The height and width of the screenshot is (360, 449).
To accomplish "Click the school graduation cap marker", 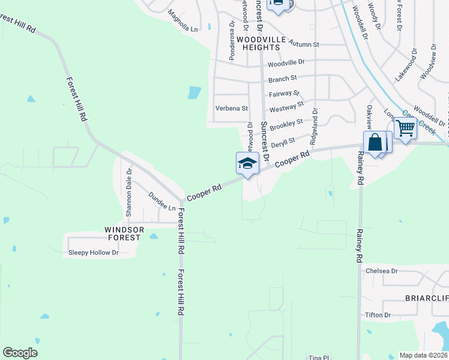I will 247,163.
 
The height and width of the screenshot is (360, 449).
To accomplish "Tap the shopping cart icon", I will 406,128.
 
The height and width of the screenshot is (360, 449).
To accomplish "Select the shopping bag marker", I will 375,143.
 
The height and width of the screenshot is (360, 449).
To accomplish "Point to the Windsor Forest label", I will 123,233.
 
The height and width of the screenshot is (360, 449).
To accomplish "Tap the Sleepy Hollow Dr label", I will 94,253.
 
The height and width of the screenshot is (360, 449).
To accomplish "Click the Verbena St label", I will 232,109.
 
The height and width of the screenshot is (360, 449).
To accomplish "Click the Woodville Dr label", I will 286,62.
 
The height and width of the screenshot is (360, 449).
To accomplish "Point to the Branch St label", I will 283,79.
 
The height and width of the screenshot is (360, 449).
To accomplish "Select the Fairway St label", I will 284,94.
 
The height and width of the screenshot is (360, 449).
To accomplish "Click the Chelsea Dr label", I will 382,271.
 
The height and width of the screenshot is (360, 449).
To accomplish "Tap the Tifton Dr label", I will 378,315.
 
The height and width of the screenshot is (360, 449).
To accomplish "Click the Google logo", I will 20,353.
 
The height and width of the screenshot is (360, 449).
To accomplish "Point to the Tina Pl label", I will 316,356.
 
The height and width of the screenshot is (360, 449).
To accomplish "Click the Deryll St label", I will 283,143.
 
